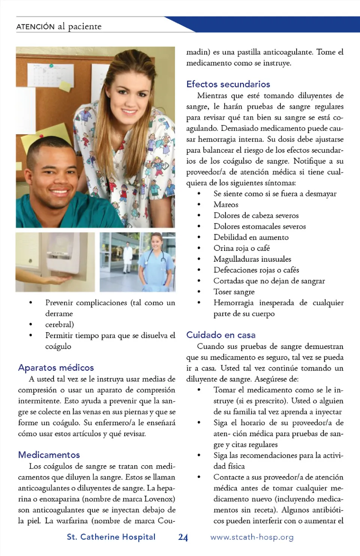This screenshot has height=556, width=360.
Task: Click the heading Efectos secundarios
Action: tap(228, 84)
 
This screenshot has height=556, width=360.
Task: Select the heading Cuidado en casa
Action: tap(220, 335)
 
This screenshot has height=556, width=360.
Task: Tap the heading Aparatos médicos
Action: tap(56, 367)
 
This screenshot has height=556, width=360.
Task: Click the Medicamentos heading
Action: tap(49, 455)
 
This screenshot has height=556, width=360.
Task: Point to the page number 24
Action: tap(183, 537)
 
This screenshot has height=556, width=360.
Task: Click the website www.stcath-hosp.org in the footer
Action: tap(252, 537)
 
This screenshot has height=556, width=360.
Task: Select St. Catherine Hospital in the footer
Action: tap(111, 537)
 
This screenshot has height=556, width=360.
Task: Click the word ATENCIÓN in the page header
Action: tap(36, 27)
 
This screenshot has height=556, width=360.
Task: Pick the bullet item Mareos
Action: tap(226, 205)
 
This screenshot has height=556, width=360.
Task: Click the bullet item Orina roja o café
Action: tap(241, 248)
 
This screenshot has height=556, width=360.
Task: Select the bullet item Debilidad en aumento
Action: tap(251, 237)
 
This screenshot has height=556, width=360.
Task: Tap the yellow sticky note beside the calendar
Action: tap(65, 86)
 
